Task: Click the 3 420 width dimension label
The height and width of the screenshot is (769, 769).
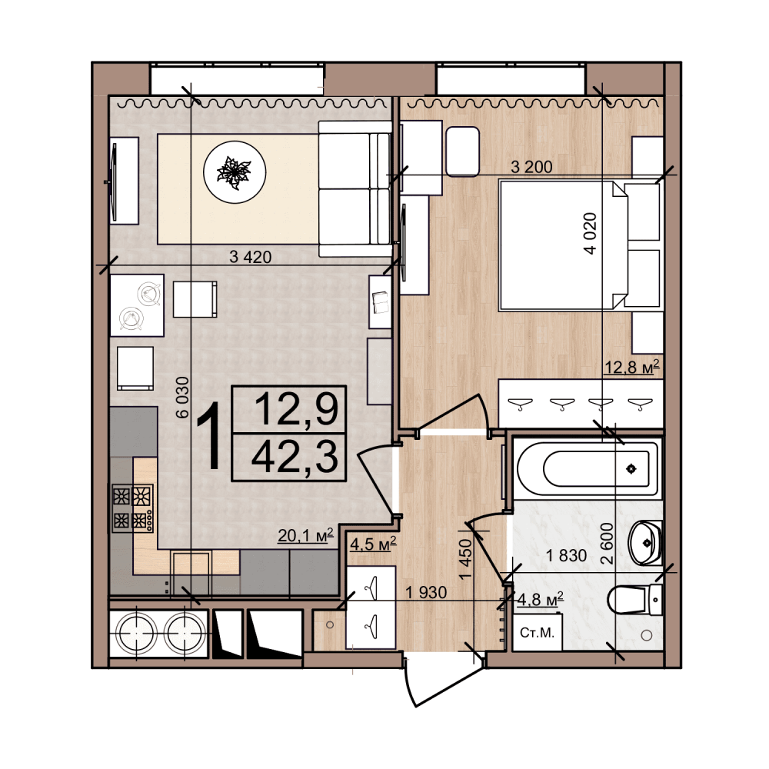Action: click(250, 257)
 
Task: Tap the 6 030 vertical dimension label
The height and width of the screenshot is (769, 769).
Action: click(182, 398)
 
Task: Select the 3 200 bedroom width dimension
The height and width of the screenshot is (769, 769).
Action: click(531, 167)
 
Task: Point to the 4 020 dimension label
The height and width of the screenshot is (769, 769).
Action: click(591, 234)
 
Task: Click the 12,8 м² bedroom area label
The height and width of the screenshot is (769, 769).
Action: click(631, 366)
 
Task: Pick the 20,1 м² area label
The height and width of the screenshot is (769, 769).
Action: click(305, 535)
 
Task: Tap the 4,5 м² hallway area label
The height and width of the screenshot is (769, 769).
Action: click(373, 544)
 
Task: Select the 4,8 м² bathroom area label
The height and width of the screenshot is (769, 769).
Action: click(541, 599)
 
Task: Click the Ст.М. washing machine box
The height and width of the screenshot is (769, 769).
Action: click(537, 632)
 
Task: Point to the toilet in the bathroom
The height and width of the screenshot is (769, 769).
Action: click(634, 599)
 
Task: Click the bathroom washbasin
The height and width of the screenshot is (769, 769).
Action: click(646, 543)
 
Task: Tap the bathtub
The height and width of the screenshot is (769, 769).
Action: click(588, 469)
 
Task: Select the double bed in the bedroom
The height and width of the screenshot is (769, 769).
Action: click(579, 245)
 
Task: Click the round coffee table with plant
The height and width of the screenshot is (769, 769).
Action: click(235, 172)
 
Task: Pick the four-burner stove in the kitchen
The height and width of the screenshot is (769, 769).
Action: click(133, 508)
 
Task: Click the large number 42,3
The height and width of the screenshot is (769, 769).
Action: click(295, 457)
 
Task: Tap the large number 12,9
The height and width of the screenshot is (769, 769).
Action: click(297, 410)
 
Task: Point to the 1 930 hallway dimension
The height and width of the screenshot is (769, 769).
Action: click(426, 592)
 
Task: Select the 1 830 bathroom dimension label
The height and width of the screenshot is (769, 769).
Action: click(567, 556)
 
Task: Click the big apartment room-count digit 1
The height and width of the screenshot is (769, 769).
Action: click(208, 435)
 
